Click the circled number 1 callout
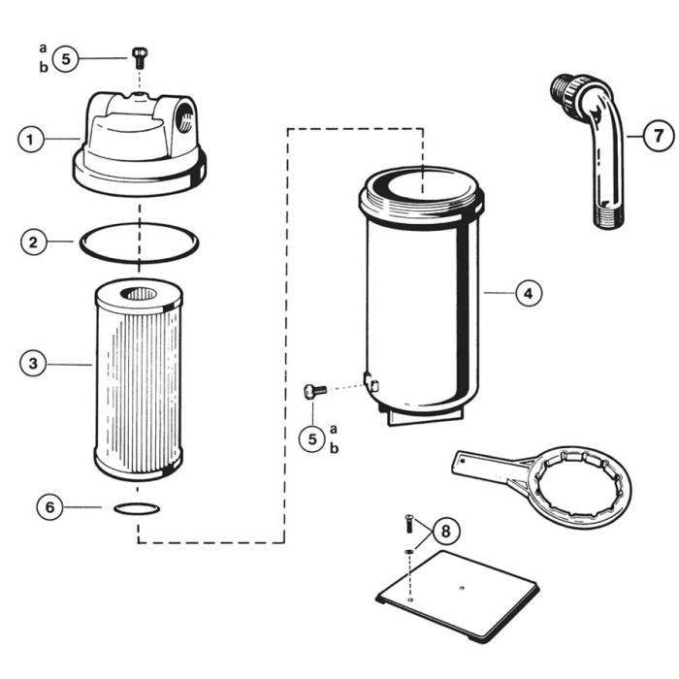coord(31,139)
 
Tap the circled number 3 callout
coord(34,363)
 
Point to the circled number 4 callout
coord(528,292)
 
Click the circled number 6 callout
coord(50,506)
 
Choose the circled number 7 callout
coord(658,136)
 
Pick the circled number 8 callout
coord(445,531)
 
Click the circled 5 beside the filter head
coord(66,58)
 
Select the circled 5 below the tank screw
coord(312,438)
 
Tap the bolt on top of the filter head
coord(139,53)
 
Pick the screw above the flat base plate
coord(407,527)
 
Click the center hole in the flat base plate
coord(462,585)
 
